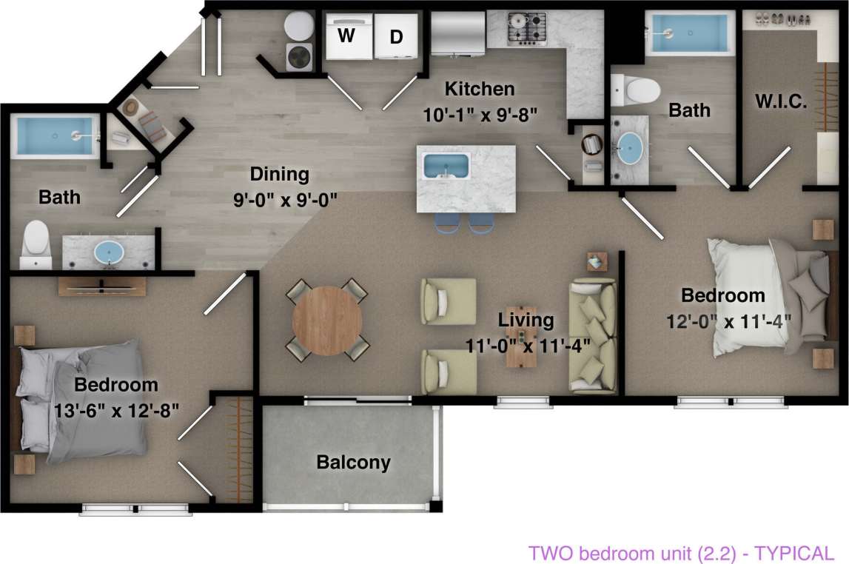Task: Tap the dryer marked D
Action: click(x=397, y=36)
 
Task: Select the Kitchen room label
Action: click(x=479, y=90)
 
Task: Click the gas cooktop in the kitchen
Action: click(x=526, y=28)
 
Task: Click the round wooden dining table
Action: click(x=327, y=320)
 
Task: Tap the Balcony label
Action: click(x=353, y=463)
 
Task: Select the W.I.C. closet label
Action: click(x=780, y=101)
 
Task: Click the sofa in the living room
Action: click(x=593, y=336)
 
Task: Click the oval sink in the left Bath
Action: click(x=111, y=252)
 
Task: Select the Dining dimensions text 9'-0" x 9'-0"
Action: click(x=278, y=198)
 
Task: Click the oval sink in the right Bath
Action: click(x=630, y=147)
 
